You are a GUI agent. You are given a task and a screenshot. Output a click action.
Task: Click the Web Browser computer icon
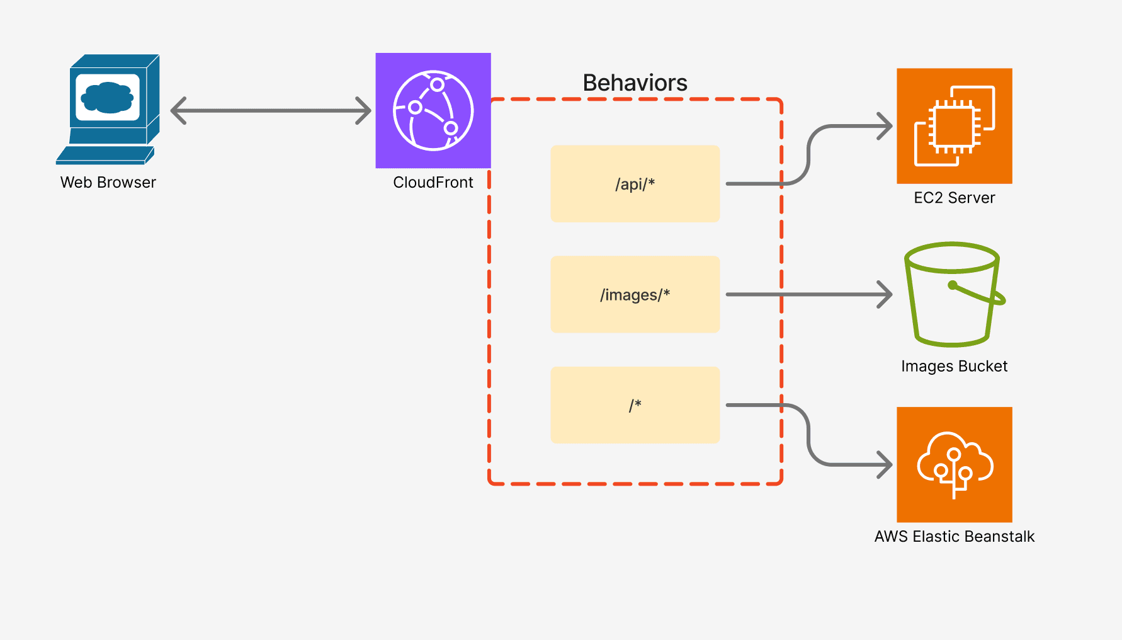click(108, 108)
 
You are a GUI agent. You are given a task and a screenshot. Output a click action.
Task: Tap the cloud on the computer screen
click(108, 97)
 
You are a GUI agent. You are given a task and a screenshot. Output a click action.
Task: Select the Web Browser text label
click(108, 183)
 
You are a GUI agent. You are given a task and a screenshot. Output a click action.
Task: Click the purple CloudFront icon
click(433, 110)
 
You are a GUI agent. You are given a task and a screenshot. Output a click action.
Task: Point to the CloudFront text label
click(433, 183)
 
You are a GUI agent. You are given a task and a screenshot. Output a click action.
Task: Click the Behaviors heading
click(635, 83)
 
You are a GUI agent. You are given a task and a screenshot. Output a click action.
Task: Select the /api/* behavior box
click(635, 184)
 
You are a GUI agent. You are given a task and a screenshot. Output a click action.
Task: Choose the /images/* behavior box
click(635, 294)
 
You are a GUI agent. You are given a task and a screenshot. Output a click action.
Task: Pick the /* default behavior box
click(635, 405)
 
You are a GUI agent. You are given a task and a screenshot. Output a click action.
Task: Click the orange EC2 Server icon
click(954, 126)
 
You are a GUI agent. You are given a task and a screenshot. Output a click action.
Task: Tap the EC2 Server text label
click(954, 198)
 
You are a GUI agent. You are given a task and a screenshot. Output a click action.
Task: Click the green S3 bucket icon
click(952, 294)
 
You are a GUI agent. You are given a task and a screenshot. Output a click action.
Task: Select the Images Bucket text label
click(954, 366)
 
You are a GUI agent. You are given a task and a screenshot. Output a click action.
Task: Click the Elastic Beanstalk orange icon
click(954, 464)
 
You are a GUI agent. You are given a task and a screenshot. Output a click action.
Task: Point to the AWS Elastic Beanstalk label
click(954, 537)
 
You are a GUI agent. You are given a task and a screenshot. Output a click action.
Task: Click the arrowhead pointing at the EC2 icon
click(887, 126)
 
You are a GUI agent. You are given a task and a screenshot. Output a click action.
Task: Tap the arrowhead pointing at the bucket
click(887, 294)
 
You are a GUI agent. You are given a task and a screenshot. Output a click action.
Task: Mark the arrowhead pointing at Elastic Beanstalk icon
click(887, 465)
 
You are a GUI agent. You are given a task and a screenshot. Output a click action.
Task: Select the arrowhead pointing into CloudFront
click(365, 111)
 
